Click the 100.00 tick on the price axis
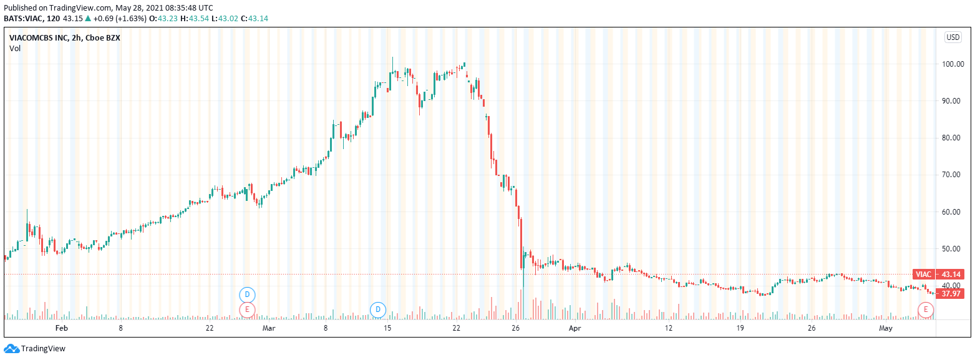[954, 64]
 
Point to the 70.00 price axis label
[953, 175]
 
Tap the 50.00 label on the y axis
[953, 249]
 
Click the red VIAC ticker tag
[923, 275]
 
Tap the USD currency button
[953, 37]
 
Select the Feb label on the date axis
[61, 328]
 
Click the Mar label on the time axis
[269, 328]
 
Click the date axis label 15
[387, 328]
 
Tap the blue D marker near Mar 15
[378, 309]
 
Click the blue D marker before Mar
[248, 294]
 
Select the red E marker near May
[926, 309]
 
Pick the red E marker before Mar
[248, 309]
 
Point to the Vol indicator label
[15, 48]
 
